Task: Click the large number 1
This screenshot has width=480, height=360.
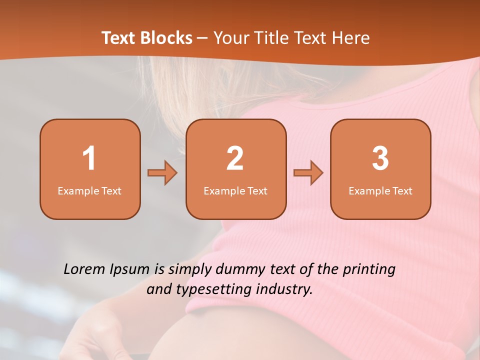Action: click(89, 158)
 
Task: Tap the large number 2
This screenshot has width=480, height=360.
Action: click(235, 158)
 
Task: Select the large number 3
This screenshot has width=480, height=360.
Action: click(380, 158)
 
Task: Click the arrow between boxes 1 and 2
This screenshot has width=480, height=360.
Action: click(162, 173)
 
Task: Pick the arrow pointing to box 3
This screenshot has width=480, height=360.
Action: click(308, 173)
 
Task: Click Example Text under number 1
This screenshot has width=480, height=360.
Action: click(89, 190)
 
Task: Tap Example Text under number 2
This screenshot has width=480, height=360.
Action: click(235, 190)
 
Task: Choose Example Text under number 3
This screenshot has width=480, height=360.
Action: click(380, 190)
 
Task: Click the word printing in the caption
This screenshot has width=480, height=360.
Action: click(369, 270)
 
